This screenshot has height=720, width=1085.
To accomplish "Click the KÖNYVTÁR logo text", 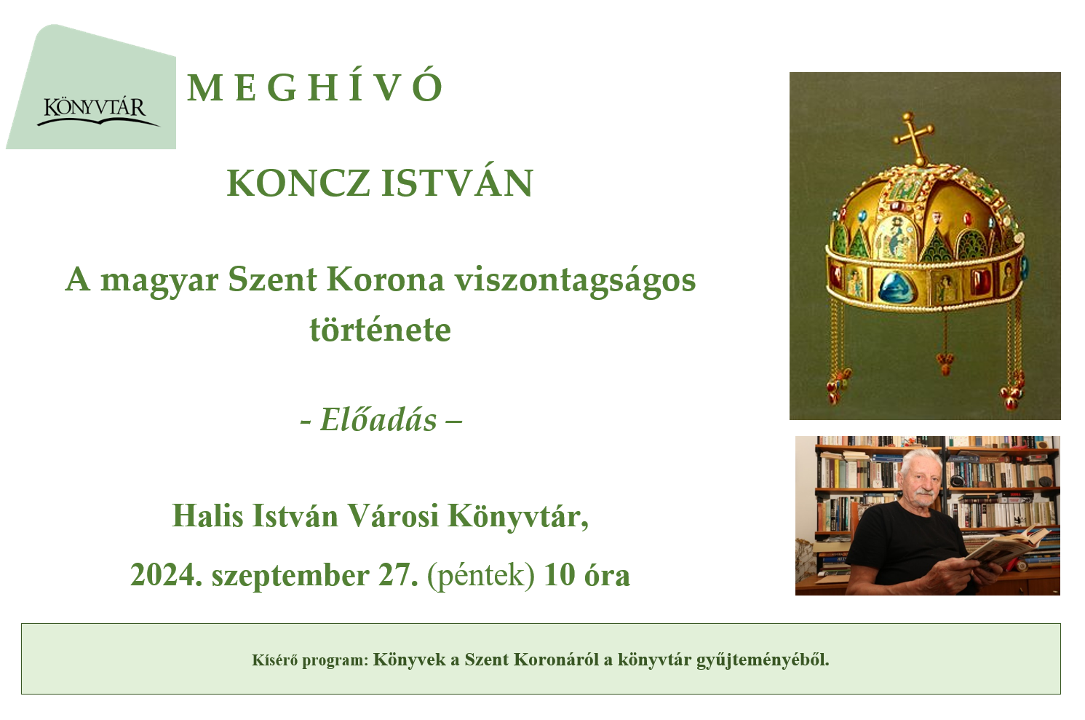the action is click(x=95, y=106).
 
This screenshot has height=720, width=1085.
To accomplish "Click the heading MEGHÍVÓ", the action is click(x=315, y=87).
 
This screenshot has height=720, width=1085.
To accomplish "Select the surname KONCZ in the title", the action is click(x=298, y=183).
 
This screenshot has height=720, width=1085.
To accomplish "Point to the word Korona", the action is click(x=386, y=280).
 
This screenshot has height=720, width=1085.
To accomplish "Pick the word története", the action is click(x=381, y=330).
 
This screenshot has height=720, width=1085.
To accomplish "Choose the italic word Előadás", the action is click(x=378, y=419).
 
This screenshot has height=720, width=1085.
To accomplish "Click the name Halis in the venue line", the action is click(x=207, y=515).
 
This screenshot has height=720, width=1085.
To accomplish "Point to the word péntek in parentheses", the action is click(x=481, y=577).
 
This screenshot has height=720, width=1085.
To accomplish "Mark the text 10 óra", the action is click(x=587, y=575).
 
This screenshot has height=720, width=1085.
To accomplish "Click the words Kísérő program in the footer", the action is click(x=310, y=660).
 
